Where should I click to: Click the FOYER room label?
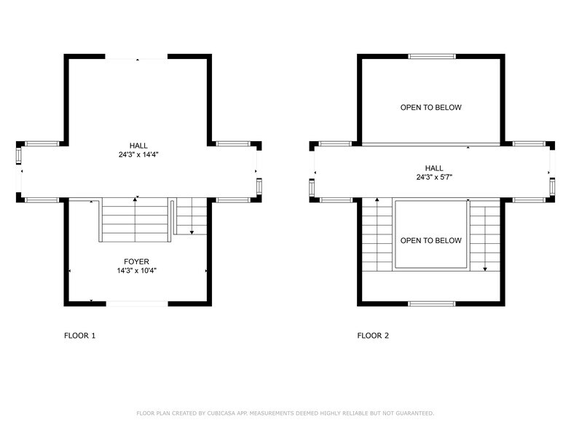[136, 261]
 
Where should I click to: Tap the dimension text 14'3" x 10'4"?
[136, 270]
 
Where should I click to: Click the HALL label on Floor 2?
[430, 167]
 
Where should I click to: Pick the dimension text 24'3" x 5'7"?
[430, 177]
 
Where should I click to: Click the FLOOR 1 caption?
[79, 336]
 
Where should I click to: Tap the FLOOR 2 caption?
[373, 336]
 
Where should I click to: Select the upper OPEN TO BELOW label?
[430, 108]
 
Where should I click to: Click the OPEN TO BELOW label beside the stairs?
[430, 240]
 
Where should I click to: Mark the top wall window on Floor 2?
[431, 56]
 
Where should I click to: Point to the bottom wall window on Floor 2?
[431, 303]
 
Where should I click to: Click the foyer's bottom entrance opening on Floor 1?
[138, 303]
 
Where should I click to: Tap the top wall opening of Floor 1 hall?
[137, 57]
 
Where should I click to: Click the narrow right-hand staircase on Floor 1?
[192, 217]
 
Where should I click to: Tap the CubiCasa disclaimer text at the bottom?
[285, 413]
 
